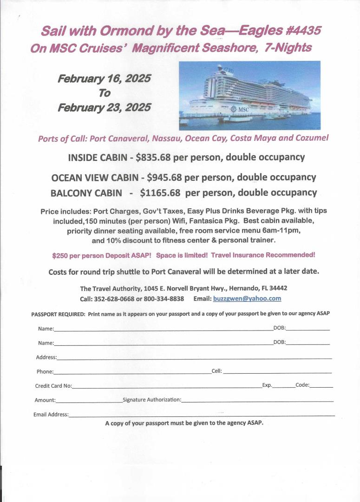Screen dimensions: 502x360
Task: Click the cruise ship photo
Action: pyautogui.click(x=249, y=95)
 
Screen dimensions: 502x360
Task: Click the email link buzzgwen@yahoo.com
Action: pyautogui.click(x=247, y=298)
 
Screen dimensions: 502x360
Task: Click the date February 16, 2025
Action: pyautogui.click(x=104, y=79)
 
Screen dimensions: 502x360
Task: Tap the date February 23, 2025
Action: pyautogui.click(x=104, y=107)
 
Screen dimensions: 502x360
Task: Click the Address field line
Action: pyautogui.click(x=194, y=358)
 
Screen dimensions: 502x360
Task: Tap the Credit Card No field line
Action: pyautogui.click(x=167, y=387)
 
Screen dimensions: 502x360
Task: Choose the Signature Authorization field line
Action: pyautogui.click(x=257, y=401)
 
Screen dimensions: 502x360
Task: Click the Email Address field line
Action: pyautogui.click(x=202, y=415)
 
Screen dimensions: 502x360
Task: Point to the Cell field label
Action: pyautogui.click(x=216, y=371)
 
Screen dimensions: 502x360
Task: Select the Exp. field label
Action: pyautogui.click(x=267, y=385)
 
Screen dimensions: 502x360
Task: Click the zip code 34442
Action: pyautogui.click(x=278, y=288)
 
